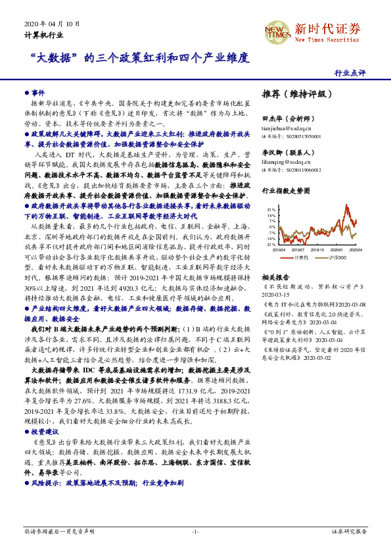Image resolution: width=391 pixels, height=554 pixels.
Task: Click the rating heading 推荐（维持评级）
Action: click(x=292, y=94)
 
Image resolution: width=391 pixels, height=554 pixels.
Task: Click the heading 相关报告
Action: click(x=275, y=278)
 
